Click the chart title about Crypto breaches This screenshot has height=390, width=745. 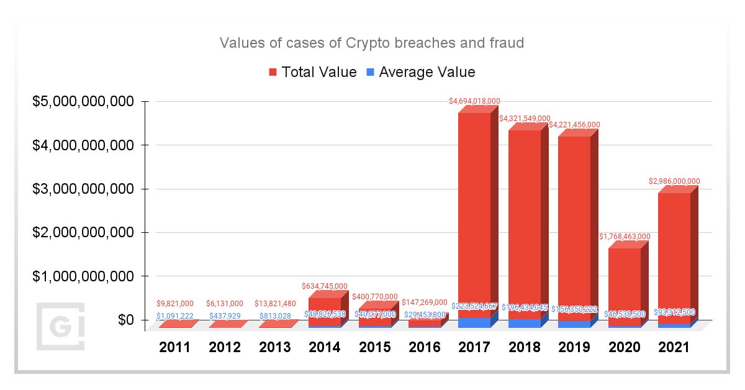click(372, 43)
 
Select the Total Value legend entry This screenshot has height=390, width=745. click(312, 72)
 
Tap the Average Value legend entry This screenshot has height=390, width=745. click(420, 72)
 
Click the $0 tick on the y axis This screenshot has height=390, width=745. click(126, 320)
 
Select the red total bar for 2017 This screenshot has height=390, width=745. click(474, 211)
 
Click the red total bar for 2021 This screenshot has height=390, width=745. click(674, 255)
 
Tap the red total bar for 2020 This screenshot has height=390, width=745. click(624, 283)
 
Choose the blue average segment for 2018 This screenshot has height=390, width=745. click(525, 323)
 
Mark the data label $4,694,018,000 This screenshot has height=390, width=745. click(475, 101)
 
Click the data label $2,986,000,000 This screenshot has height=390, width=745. click(674, 181)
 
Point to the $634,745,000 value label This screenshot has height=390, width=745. click(324, 286)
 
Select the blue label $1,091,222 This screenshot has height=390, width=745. click(174, 315)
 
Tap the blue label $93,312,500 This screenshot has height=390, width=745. click(674, 312)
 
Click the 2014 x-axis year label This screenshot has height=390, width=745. click(324, 348)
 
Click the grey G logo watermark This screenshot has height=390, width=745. click(60, 326)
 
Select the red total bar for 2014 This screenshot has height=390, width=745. click(324, 311)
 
